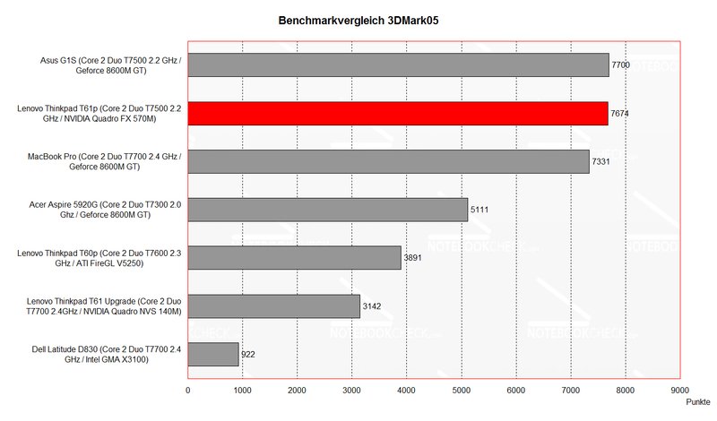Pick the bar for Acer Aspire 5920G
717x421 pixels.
point(328,210)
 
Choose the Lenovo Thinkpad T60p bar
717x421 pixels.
point(294,258)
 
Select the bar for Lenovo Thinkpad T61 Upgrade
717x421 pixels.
point(274,306)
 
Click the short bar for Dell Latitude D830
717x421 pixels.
point(213,355)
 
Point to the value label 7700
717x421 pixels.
point(622,65)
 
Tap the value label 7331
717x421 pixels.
point(602,162)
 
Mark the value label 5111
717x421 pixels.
point(480,210)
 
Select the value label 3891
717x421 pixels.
point(414,259)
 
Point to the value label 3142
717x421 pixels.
point(373,307)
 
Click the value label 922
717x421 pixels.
point(249,356)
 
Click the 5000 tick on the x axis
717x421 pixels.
point(462,391)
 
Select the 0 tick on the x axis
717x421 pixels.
point(188,391)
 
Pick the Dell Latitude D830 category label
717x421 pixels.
point(99,355)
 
